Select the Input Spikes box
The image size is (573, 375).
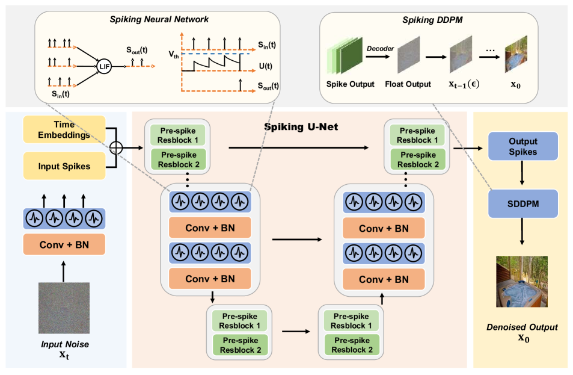pyautogui.click(x=64, y=166)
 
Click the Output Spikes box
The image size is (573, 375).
pyautogui.click(x=522, y=146)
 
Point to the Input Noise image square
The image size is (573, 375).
pyautogui.click(x=64, y=308)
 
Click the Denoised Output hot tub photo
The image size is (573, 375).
pyautogui.click(x=521, y=282)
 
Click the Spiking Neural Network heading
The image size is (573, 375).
pyautogui.click(x=159, y=20)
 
